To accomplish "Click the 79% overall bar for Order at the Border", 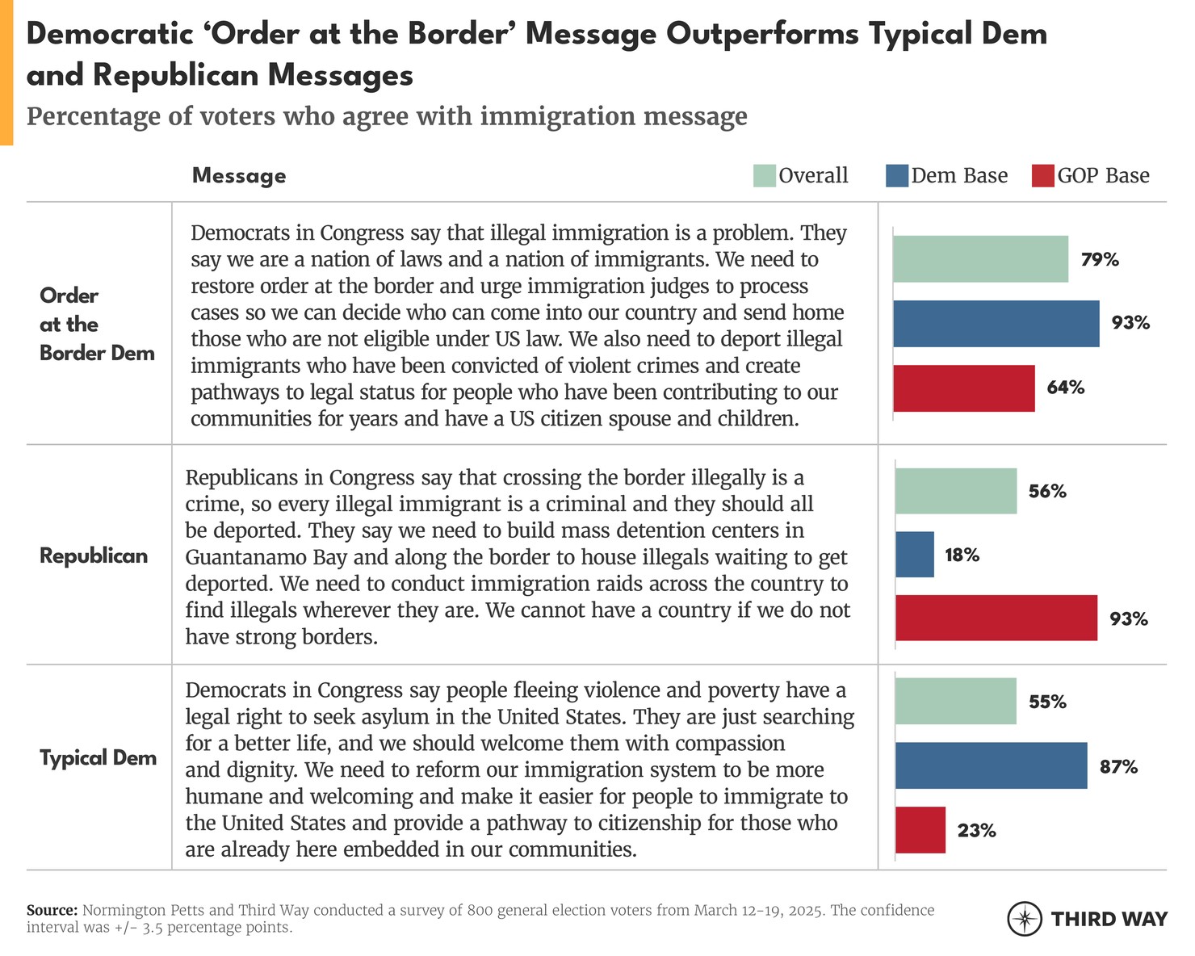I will click(980, 259).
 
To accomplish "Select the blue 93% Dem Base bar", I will click(996, 324).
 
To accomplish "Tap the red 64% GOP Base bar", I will click(963, 388).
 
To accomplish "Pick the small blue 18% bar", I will click(915, 555).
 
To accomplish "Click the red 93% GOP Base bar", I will click(996, 618).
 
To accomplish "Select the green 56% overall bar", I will click(956, 491).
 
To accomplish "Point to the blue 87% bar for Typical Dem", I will click(991, 766).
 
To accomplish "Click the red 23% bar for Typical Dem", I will click(920, 830).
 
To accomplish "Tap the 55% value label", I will click(1047, 702).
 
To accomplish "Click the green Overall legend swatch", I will click(764, 176).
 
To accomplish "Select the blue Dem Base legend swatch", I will click(896, 176).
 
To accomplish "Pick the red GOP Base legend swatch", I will click(1042, 176).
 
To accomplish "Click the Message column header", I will click(239, 176).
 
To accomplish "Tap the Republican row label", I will click(94, 556).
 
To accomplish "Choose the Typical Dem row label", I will click(98, 758).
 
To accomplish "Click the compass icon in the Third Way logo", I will click(1024, 919).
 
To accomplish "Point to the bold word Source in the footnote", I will click(52, 910).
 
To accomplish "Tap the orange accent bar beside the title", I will click(6, 73).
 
